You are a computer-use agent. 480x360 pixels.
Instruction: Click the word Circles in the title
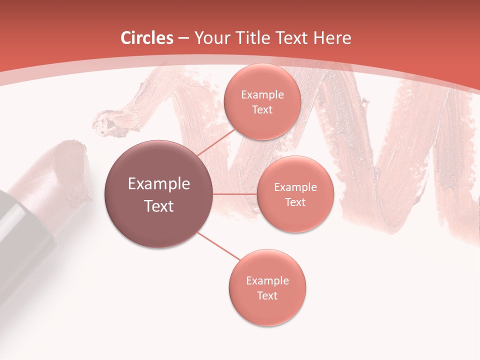coord(147,38)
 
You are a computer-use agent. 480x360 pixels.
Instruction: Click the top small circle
coord(261,101)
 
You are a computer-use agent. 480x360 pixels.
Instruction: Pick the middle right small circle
coord(295,194)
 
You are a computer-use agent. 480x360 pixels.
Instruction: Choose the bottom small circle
coord(267,287)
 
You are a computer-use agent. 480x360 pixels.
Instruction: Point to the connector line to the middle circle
coord(234,194)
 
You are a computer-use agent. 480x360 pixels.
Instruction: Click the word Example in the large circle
coord(159,184)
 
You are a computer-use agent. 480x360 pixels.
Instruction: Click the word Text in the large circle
coord(159,206)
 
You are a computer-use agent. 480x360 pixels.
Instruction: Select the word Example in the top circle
coord(262,94)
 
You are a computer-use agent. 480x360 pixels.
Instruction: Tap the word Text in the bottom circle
coord(267,295)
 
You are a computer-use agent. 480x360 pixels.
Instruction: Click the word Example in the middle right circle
coord(295,187)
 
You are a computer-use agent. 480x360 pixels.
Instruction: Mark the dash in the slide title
coord(183,38)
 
